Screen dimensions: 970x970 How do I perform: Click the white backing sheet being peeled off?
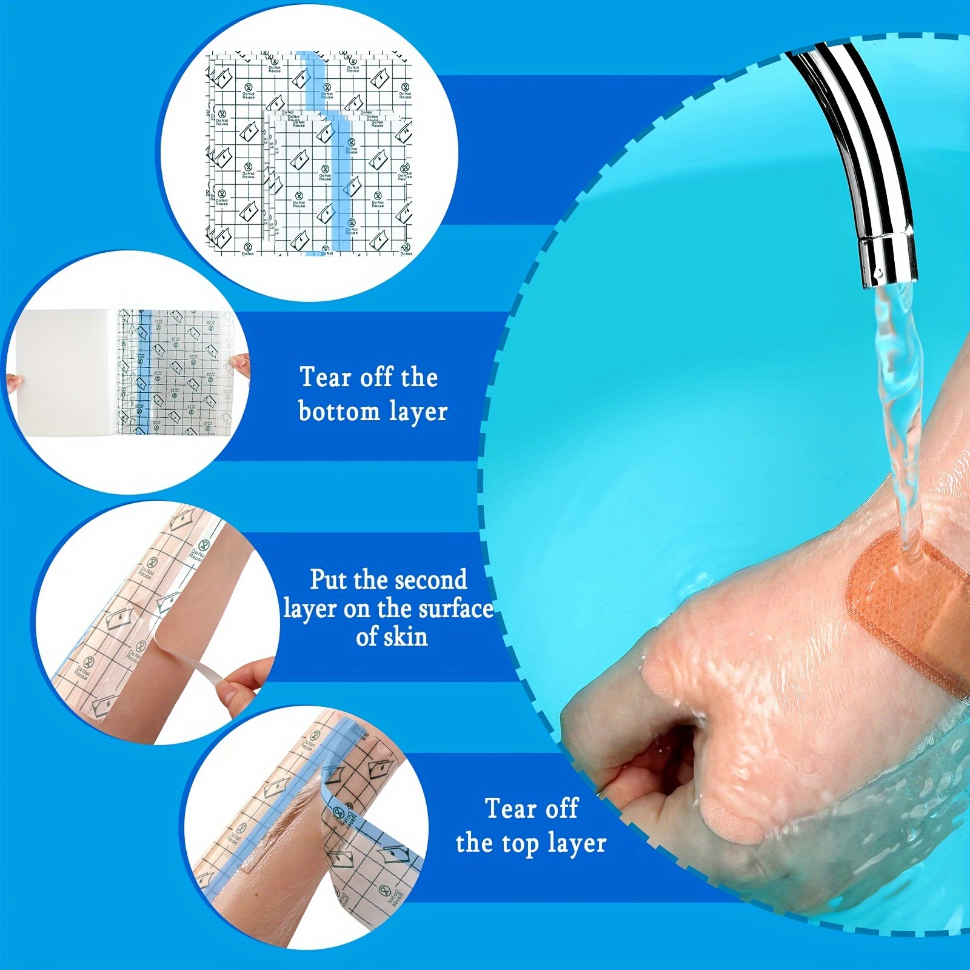(x=61, y=370)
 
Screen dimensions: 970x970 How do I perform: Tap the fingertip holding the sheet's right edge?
(x=241, y=364)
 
